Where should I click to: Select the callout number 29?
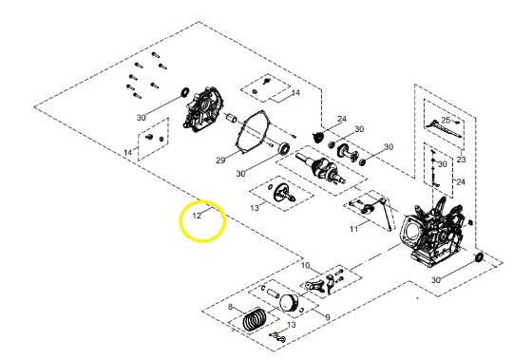coord(219,161)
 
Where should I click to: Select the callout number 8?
coord(230,308)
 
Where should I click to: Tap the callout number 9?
coord(327,316)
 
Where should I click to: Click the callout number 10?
coord(306,265)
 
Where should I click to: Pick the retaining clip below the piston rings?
coord(278,339)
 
